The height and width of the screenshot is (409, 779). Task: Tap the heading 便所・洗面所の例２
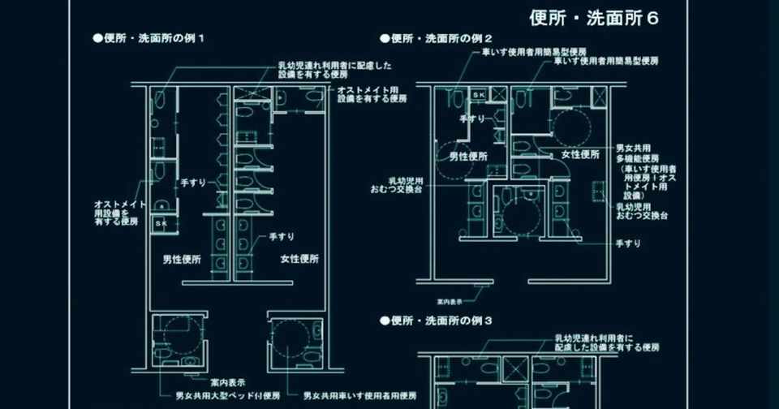436,38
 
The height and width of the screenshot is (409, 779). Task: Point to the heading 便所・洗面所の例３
436,321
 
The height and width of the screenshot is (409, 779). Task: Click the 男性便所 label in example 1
182,260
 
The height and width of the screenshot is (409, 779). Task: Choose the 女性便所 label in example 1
299,260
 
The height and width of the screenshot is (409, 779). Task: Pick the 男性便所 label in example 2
467,155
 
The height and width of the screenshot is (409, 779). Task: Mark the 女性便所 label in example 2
579,154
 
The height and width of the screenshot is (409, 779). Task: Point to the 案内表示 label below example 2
450,301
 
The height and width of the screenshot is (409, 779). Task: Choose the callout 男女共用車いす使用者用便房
360,397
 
